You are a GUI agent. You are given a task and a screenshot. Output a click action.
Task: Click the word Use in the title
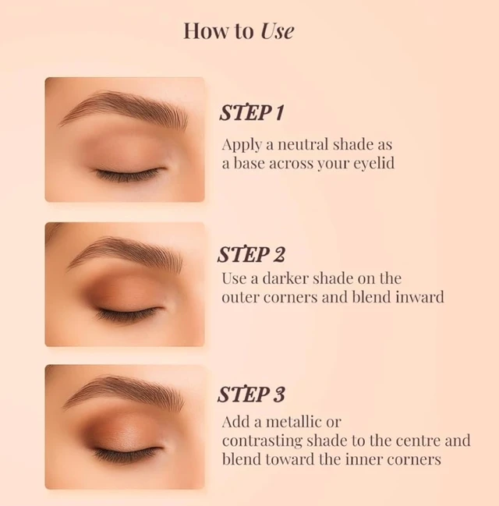click(278, 31)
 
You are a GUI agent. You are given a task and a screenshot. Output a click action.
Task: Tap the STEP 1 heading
click(252, 112)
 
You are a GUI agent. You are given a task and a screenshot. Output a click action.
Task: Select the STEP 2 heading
click(251, 255)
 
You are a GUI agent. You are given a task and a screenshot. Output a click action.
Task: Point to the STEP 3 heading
click(251, 394)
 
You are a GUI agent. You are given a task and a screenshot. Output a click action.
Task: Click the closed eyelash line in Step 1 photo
click(129, 174)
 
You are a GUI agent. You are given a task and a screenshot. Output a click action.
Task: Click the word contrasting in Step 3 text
click(262, 441)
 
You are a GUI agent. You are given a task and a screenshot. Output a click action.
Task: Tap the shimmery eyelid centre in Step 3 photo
click(129, 433)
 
